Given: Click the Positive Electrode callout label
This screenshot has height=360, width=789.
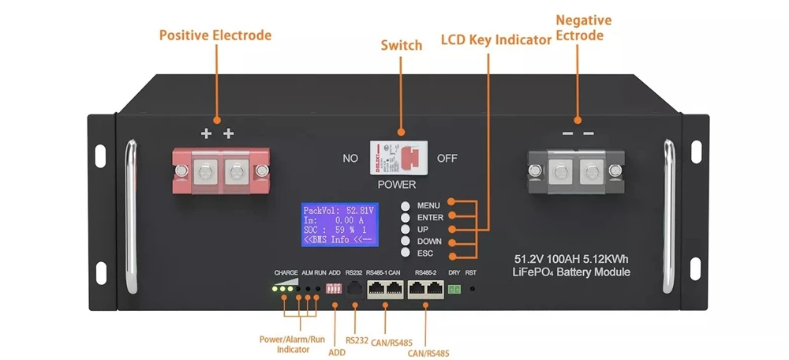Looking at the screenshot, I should tap(215, 36).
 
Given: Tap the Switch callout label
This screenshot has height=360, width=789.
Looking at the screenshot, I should tap(401, 46).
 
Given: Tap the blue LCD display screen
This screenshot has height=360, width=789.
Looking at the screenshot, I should tap(339, 224).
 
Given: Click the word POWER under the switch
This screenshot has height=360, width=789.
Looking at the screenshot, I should tap(396, 185).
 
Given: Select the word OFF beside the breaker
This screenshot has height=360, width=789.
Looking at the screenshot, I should tap(447, 158).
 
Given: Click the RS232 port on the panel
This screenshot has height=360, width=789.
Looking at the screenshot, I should tap(354, 290).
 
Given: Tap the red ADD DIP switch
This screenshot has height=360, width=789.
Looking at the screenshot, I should tap(333, 289).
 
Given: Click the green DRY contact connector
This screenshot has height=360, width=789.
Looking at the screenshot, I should tap(454, 290).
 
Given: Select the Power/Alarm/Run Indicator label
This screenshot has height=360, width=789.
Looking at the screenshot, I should tap(292, 344).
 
